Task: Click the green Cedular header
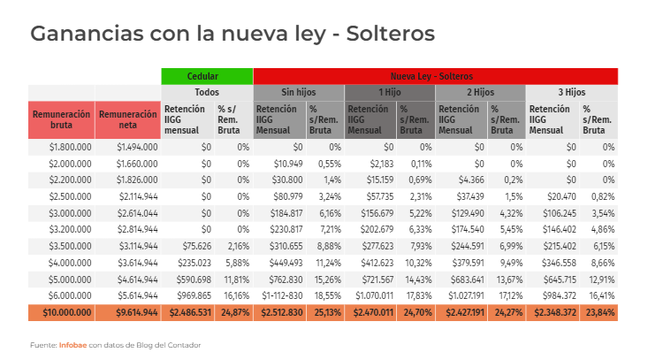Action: pos(207,76)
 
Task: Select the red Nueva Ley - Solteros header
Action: pos(435,76)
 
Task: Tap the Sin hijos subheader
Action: pos(299,92)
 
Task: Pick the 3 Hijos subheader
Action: pos(571,92)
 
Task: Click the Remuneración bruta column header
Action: pos(62,119)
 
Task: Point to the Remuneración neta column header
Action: pos(128,119)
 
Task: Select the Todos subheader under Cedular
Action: pos(207,92)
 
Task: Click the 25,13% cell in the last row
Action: pos(324,312)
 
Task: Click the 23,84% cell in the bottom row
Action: pos(598,312)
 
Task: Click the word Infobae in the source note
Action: pos(72,343)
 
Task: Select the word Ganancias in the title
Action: pos(80,34)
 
